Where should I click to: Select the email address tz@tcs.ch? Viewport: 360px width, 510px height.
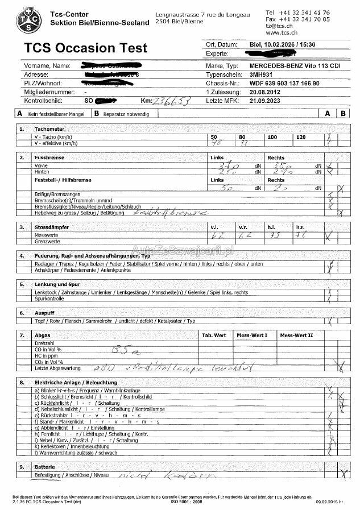coord(279,26)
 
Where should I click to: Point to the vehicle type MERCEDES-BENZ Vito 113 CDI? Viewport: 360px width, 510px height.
coord(295,66)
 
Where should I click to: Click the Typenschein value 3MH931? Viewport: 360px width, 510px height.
coord(261,74)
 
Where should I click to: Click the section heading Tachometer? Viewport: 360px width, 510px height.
coord(49,129)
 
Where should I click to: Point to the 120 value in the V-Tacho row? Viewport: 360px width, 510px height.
coord(301,138)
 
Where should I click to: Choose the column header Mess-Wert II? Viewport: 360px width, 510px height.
coord(296,335)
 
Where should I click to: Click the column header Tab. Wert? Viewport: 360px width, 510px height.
coord(214,335)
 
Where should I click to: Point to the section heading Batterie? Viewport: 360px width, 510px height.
coord(46,466)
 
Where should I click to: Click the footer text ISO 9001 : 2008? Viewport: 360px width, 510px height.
coord(186,502)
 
